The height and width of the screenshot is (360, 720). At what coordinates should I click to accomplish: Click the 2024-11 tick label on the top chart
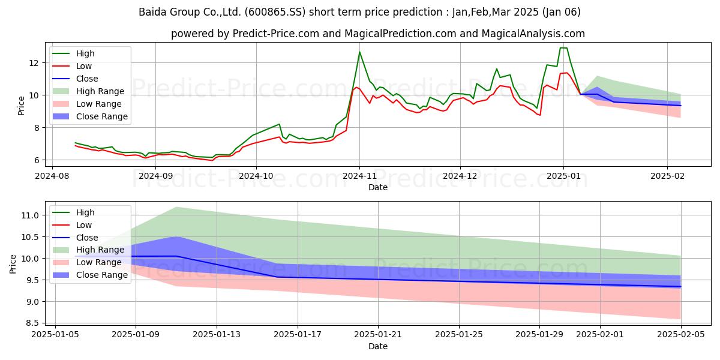coord(359,176)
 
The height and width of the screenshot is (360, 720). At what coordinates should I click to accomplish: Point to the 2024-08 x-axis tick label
coord(52,176)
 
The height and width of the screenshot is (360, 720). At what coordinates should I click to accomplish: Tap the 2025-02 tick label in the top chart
coord(667,176)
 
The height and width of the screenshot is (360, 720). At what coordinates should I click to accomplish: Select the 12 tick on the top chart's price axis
coord(34,63)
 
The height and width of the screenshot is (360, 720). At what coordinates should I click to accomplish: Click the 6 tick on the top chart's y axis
coord(37,160)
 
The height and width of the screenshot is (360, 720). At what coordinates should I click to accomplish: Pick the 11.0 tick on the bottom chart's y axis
coord(30,215)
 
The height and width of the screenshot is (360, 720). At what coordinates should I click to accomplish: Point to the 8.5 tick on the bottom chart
coord(32,323)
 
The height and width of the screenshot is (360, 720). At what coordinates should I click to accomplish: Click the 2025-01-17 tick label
coord(298,335)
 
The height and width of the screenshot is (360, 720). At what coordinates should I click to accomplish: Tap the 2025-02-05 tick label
coord(681,335)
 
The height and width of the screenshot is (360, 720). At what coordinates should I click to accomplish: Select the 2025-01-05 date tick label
coord(55,335)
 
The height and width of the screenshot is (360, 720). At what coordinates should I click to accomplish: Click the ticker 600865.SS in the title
coord(275,12)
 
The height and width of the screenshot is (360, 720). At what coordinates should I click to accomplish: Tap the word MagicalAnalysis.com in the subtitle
coord(533,34)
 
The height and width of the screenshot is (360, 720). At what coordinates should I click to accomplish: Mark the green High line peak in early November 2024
coord(359,52)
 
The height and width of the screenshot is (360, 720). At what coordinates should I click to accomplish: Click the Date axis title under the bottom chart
coord(377,347)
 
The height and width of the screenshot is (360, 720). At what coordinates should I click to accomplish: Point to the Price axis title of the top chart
coord(21,106)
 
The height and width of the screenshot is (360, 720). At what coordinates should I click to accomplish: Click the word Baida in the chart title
coord(152,12)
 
